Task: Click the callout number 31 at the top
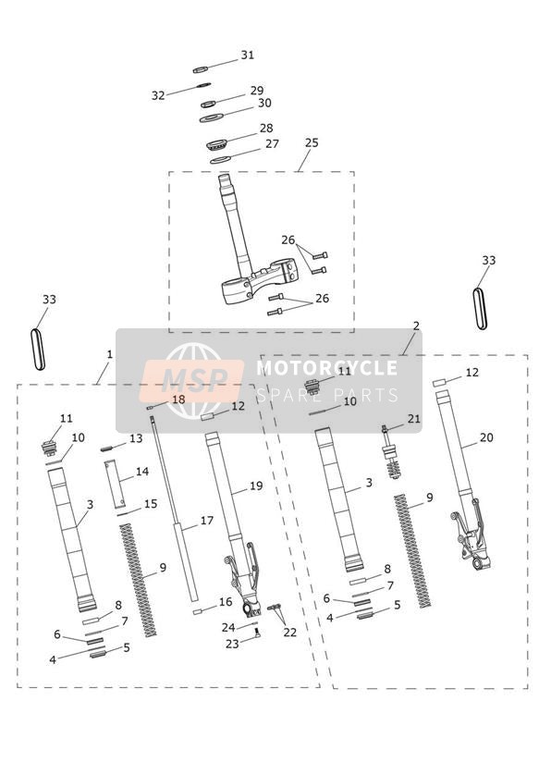(x=248, y=55)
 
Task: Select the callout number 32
(x=158, y=96)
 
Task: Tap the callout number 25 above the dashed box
(x=312, y=142)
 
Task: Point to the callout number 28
(x=266, y=128)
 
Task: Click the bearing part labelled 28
(x=217, y=144)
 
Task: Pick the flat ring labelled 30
(x=212, y=118)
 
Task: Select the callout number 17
(x=207, y=521)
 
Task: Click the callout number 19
(x=256, y=486)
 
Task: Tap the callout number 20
(x=486, y=437)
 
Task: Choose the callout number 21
(x=413, y=418)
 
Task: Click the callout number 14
(x=142, y=472)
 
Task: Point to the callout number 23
(x=232, y=644)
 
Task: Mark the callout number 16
(x=226, y=602)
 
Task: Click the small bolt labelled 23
(x=257, y=632)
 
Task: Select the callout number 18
(x=178, y=399)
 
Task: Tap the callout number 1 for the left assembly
(x=109, y=355)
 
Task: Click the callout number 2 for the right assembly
(x=416, y=326)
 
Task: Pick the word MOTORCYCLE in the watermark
(x=327, y=368)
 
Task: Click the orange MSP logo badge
(x=192, y=380)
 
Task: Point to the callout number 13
(x=136, y=438)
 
